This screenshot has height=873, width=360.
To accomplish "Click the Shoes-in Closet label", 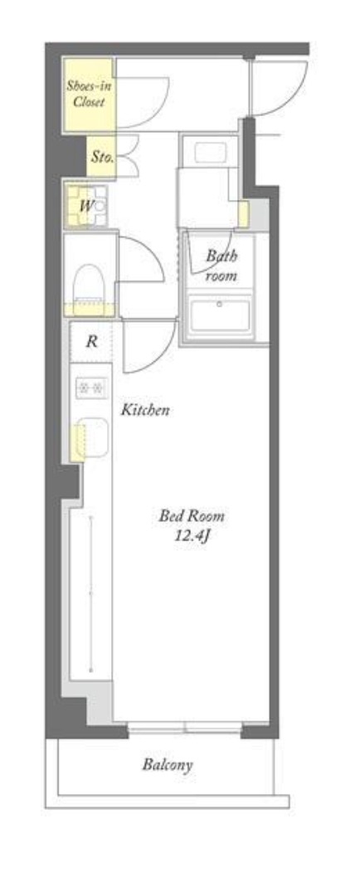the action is click(86, 94).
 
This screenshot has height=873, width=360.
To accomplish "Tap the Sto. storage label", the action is click(102, 157).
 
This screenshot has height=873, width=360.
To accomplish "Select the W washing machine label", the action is click(86, 206).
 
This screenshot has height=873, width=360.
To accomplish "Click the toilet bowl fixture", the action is click(89, 285).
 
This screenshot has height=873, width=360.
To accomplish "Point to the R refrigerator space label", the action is click(92, 341).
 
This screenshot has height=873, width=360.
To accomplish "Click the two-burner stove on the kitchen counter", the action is click(90, 387).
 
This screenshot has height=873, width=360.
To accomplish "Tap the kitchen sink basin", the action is click(93, 436).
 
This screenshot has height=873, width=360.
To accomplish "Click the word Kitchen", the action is click(145, 411).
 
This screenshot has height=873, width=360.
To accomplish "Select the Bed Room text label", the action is click(192, 515).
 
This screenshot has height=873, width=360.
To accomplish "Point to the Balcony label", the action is click(168, 764).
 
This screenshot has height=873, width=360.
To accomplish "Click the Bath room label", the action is click(221, 265).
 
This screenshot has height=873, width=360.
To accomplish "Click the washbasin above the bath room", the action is click(210, 151).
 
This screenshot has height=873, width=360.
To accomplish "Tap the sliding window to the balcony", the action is click(185, 727).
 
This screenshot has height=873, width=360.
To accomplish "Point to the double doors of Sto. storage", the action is click(127, 157).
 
